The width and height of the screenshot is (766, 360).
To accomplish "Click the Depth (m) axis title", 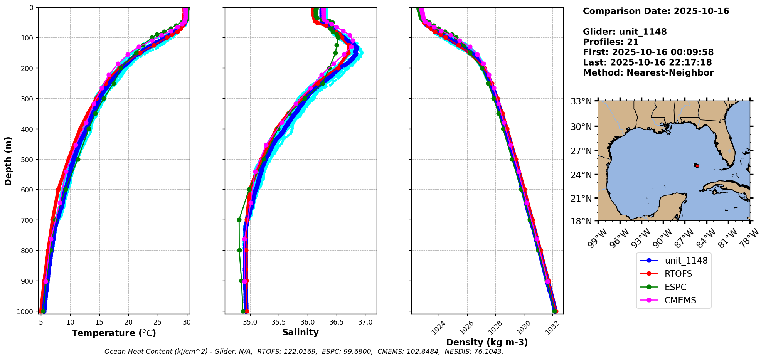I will click(8, 161).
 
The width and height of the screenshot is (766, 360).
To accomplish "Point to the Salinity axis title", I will click(300, 333).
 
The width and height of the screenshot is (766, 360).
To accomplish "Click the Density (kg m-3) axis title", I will click(487, 342).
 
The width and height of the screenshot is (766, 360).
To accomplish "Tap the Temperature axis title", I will click(114, 333).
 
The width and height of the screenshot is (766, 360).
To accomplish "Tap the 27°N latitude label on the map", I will click(581, 151).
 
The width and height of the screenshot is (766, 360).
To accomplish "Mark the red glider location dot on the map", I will click(697, 166).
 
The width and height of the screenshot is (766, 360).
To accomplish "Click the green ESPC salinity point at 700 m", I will click(239, 220).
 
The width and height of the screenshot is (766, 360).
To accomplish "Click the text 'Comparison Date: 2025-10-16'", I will click(656, 11).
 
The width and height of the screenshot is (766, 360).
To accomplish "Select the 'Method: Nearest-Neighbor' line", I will click(648, 73).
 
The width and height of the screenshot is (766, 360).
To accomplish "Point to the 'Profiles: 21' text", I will click(611, 42).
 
